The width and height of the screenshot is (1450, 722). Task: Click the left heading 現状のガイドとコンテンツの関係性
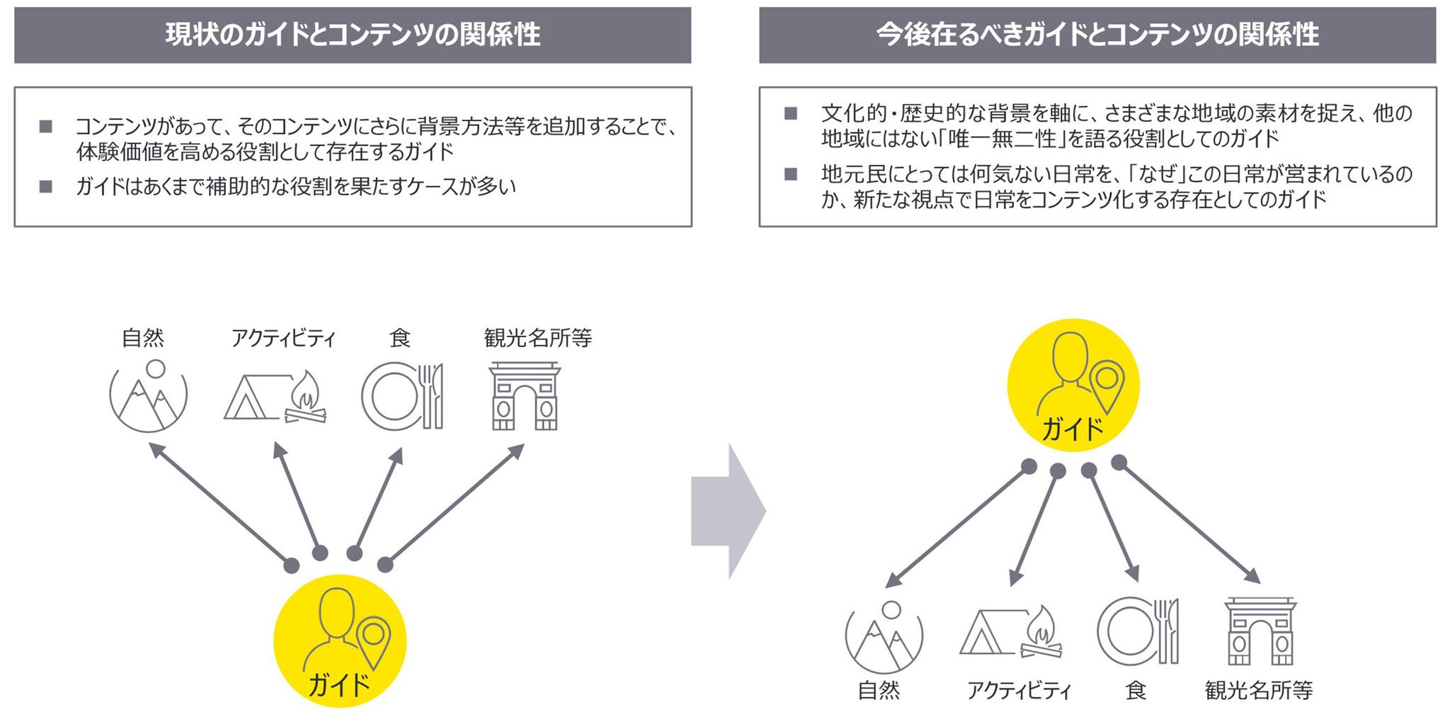(353, 35)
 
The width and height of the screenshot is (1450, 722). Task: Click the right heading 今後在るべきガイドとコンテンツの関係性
(1097, 35)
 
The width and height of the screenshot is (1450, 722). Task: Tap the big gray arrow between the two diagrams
(728, 511)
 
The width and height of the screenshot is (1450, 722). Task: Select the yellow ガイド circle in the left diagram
(340, 641)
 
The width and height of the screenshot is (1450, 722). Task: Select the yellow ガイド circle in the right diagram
(1073, 385)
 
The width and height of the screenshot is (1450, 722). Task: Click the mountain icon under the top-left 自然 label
(149, 397)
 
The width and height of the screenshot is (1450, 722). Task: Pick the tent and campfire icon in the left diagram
(275, 397)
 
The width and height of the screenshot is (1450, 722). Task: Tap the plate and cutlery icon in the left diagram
(402, 397)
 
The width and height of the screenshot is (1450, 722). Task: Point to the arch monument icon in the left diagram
(525, 397)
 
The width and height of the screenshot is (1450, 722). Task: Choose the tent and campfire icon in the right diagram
(1011, 633)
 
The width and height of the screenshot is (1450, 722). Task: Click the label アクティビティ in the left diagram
(283, 339)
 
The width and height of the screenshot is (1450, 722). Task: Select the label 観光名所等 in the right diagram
(1259, 690)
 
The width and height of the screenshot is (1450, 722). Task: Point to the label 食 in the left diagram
(400, 339)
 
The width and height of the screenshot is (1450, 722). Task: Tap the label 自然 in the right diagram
(879, 690)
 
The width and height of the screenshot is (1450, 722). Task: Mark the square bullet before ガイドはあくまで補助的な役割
(46, 187)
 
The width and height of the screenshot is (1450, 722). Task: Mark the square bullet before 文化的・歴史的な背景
(791, 113)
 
